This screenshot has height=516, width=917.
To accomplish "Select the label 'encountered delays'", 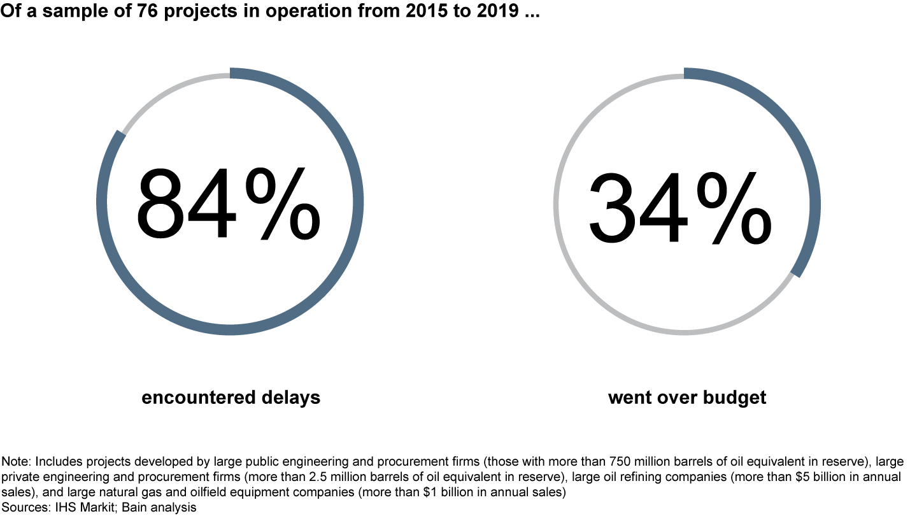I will pyautogui.click(x=231, y=398).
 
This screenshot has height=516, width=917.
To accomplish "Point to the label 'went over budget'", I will pyautogui.click(x=687, y=398).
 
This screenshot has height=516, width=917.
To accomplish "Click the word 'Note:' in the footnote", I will pyautogui.click(x=15, y=461).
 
